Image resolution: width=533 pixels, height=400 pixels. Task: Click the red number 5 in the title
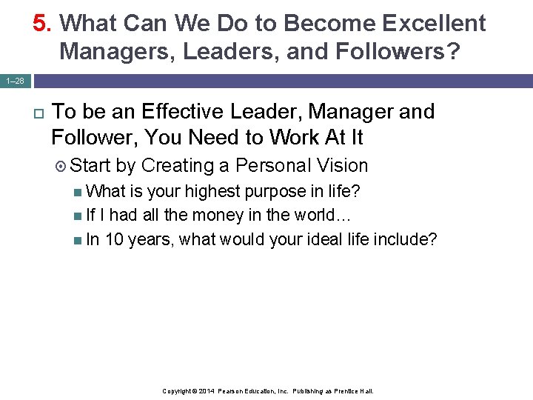point(40,24)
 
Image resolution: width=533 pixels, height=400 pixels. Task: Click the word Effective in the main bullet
point(182,112)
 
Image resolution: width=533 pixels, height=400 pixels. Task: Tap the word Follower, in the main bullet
point(94,138)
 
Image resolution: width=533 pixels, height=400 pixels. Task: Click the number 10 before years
point(115,240)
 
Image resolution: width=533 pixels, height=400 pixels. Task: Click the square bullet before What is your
point(79,192)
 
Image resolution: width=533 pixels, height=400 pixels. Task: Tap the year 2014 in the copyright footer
point(205,390)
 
